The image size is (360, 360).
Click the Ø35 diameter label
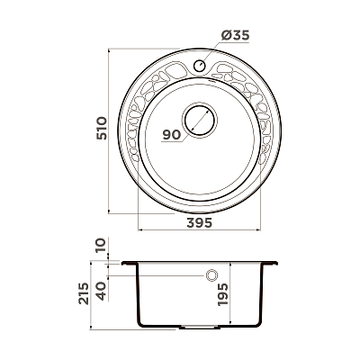235,35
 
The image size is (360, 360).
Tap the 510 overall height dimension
102,128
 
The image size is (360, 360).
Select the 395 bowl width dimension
200,222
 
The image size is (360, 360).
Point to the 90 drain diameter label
172,135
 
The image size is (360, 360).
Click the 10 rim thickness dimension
101,245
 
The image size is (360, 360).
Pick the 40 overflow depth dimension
102,291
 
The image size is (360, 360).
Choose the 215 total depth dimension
84,293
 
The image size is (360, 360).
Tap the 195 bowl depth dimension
223,294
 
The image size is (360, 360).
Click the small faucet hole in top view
199,65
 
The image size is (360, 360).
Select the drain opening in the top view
200,121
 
